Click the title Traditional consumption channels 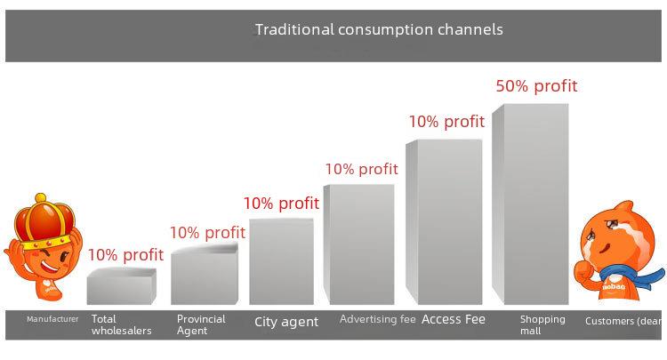[379, 29]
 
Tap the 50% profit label [536, 86]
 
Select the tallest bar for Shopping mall [530, 204]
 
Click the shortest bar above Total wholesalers [121, 286]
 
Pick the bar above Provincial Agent [205, 274]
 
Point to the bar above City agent [281, 261]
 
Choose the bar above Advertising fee [358, 244]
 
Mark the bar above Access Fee [444, 222]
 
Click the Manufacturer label [52, 319]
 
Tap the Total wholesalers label [121, 324]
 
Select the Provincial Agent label [201, 324]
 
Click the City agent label [286, 322]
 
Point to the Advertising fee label [378, 319]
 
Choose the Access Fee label [454, 319]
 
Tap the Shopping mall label [542, 324]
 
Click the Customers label [623, 321]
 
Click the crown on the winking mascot [44, 223]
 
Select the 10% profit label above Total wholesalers [125, 254]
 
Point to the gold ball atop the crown [41, 198]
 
